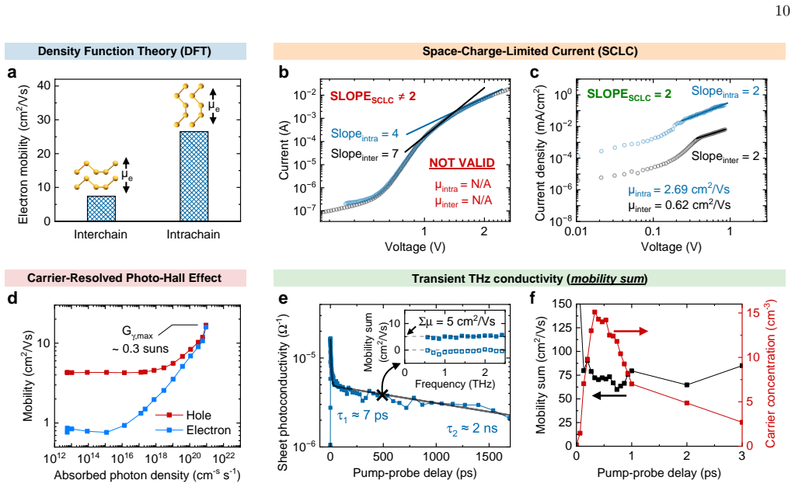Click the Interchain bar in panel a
[101, 208]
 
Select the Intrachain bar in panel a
[194, 176]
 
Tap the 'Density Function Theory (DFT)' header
[124, 51]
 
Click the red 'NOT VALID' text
[462, 162]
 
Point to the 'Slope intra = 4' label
[364, 134]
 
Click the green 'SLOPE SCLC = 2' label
[629, 94]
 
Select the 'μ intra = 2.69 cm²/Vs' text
[679, 190]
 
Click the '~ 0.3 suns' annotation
[141, 349]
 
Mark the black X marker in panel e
[382, 395]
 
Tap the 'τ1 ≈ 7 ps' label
[362, 416]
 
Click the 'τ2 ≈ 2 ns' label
[472, 429]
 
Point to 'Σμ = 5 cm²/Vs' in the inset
[457, 322]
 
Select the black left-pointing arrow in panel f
[609, 395]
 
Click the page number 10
[783, 11]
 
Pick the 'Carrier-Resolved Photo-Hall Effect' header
[124, 278]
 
